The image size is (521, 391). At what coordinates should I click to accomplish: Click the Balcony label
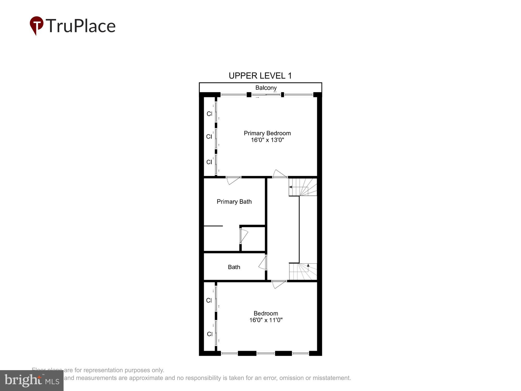click(x=266, y=88)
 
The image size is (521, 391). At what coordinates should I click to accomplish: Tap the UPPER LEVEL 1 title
click(x=260, y=76)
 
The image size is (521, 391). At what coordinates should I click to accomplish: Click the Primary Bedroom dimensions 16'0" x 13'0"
click(x=267, y=140)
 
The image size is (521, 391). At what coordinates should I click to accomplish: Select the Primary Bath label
click(x=234, y=201)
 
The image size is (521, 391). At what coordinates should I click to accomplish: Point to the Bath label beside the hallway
click(x=234, y=267)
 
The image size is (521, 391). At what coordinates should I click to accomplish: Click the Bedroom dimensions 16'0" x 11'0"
click(x=266, y=320)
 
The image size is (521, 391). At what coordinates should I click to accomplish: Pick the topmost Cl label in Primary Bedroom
click(x=209, y=114)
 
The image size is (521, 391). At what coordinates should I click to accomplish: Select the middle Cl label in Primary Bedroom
click(x=209, y=137)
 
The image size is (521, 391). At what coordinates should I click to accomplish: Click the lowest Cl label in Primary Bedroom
click(x=209, y=162)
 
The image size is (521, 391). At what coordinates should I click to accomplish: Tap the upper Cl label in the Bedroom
click(x=209, y=301)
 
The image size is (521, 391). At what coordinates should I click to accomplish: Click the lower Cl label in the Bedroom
click(x=210, y=334)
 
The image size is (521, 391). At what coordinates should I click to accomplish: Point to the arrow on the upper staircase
click(x=290, y=187)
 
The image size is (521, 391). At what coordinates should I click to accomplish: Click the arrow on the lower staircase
click(x=308, y=265)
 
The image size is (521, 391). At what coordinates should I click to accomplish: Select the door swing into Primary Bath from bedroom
click(x=232, y=180)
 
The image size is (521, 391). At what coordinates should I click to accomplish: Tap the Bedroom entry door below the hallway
click(x=279, y=284)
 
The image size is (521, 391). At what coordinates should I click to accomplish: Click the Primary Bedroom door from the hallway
click(x=279, y=174)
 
